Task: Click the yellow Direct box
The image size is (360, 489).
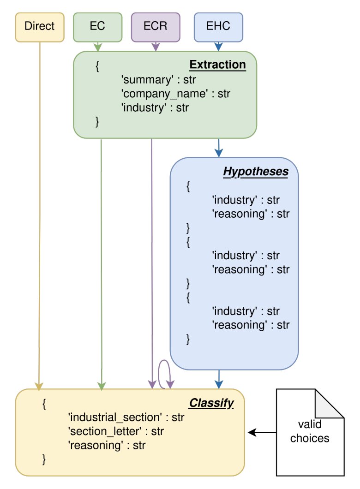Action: click(x=40, y=27)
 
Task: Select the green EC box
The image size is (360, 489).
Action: click(x=98, y=27)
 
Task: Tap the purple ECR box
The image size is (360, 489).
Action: click(x=156, y=27)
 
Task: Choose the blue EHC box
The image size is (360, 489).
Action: click(x=218, y=27)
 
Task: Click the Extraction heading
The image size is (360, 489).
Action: click(x=218, y=65)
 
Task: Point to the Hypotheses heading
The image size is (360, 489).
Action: click(x=256, y=172)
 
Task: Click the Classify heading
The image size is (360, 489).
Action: click(x=211, y=403)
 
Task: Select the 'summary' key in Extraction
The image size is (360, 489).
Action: click(x=147, y=80)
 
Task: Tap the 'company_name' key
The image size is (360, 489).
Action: click(x=164, y=94)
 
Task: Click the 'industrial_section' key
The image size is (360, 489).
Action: click(x=115, y=417)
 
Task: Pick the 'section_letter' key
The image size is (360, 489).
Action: click(x=104, y=431)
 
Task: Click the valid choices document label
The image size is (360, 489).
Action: click(x=310, y=431)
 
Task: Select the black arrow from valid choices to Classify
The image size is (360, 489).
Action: click(x=262, y=433)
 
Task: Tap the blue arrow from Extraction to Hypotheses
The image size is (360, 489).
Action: click(x=219, y=148)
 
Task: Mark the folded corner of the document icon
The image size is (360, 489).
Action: click(x=329, y=403)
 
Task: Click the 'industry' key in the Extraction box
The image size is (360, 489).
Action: click(x=144, y=108)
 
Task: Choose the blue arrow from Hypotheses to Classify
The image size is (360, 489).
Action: click(x=219, y=379)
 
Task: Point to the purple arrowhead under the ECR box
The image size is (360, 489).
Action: click(x=156, y=47)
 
